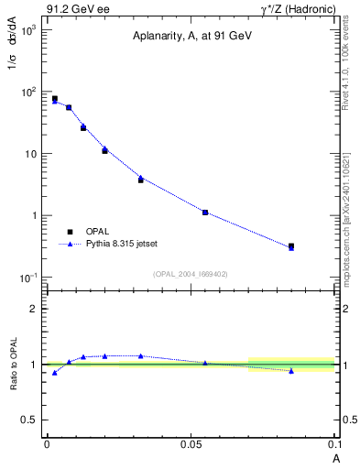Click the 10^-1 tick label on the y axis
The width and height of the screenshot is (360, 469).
tap(28, 278)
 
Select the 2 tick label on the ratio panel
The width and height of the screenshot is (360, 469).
tap(35, 309)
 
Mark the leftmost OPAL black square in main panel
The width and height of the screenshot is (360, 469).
tap(55, 98)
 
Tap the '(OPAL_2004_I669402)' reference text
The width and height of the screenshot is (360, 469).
tap(191, 273)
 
